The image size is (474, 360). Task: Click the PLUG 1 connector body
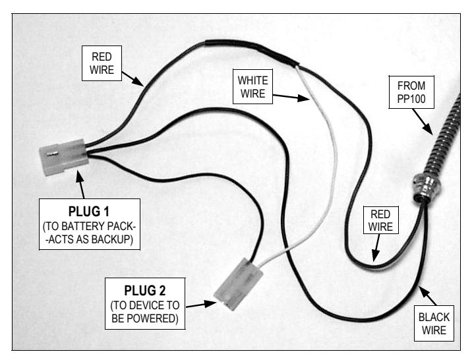pyautogui.click(x=64, y=157)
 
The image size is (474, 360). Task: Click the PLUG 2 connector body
pyautogui.click(x=238, y=284)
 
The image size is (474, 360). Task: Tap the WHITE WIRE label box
pyautogui.click(x=252, y=87)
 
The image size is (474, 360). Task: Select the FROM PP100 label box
pyautogui.click(x=411, y=92)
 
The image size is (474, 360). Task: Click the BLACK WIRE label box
pyautogui.click(x=434, y=324)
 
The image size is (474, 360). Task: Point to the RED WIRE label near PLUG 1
pyautogui.click(x=102, y=63)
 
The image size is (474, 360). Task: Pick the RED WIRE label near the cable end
pyautogui.click(x=380, y=220)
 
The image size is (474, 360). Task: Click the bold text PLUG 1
pyautogui.click(x=88, y=212)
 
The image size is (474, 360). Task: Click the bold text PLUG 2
pyautogui.click(x=145, y=291)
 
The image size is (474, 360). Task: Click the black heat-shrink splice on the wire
pyautogui.click(x=252, y=51)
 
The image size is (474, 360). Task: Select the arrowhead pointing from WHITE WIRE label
pyautogui.click(x=303, y=98)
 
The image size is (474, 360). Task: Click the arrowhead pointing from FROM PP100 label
pyautogui.click(x=428, y=129)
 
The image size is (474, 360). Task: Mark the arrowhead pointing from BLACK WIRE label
pyautogui.click(x=423, y=291)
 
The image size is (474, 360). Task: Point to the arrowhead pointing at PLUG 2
pyautogui.click(x=210, y=303)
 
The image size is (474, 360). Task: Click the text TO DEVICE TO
pyautogui.click(x=145, y=305)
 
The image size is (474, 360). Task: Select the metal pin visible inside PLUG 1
pyautogui.click(x=52, y=154)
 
